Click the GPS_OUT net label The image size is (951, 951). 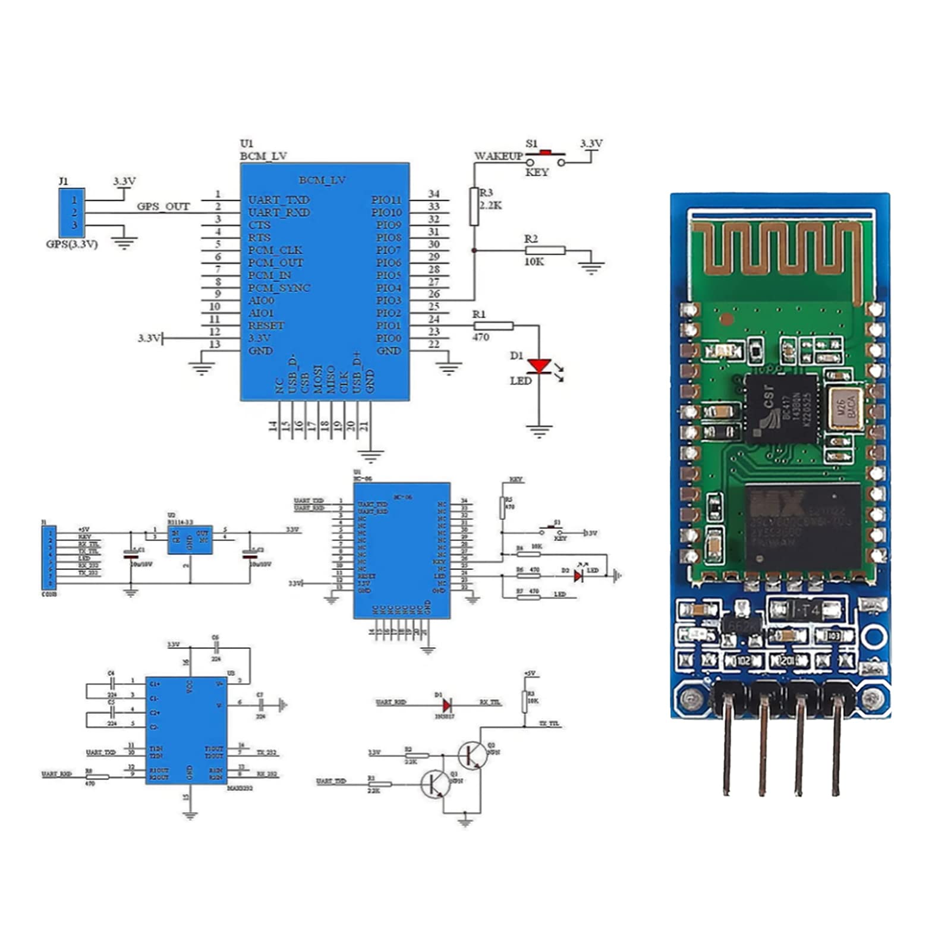tap(163, 206)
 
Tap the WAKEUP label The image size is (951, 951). tap(498, 156)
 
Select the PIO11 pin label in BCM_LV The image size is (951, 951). tap(386, 200)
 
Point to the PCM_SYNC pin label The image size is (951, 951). tap(279, 288)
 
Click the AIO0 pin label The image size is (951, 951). tap(261, 300)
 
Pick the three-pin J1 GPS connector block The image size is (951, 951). tap(72, 212)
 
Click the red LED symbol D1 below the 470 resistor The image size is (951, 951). tap(539, 366)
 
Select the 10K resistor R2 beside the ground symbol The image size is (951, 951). tap(544, 250)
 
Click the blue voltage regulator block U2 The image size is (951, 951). tap(190, 539)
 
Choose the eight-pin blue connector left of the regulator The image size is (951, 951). tap(49, 557)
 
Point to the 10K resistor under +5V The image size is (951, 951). tap(524, 701)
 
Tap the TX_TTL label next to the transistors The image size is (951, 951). tap(549, 724)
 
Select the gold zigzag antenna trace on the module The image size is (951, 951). tap(780, 250)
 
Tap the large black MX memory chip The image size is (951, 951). tap(802, 525)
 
